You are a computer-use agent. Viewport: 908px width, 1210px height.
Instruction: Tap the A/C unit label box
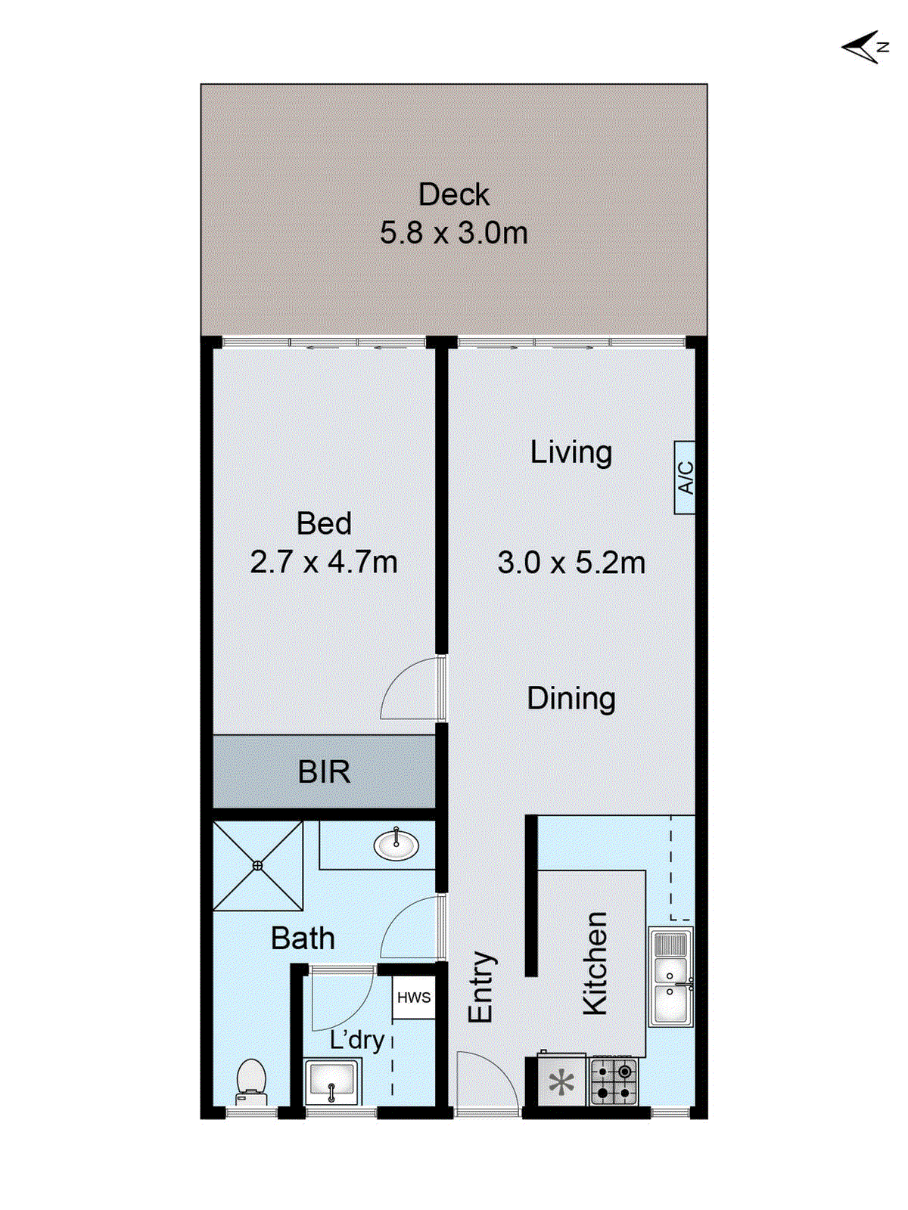(684, 478)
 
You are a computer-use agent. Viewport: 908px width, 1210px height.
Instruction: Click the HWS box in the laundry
(414, 997)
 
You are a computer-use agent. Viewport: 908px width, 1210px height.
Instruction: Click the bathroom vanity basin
(396, 844)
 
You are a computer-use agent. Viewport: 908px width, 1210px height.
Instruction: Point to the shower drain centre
(258, 866)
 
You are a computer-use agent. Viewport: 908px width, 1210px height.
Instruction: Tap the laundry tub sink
(332, 1081)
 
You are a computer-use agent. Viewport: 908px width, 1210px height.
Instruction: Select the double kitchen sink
(670, 977)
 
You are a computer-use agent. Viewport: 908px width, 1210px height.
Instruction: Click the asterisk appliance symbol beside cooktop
(561, 1083)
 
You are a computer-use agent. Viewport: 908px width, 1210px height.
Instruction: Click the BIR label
(324, 772)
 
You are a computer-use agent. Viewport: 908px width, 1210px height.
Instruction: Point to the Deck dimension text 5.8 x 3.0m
(454, 233)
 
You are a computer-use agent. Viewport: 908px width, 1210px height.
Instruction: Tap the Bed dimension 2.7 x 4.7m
(324, 562)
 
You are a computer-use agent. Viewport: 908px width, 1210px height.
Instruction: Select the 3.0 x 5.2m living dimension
(571, 563)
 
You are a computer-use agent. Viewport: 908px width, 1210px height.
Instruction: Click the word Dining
(571, 698)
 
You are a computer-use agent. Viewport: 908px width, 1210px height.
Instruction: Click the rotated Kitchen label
(595, 963)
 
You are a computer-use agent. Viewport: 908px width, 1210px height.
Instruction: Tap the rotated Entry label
(480, 987)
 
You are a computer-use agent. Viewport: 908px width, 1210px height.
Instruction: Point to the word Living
(571, 452)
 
